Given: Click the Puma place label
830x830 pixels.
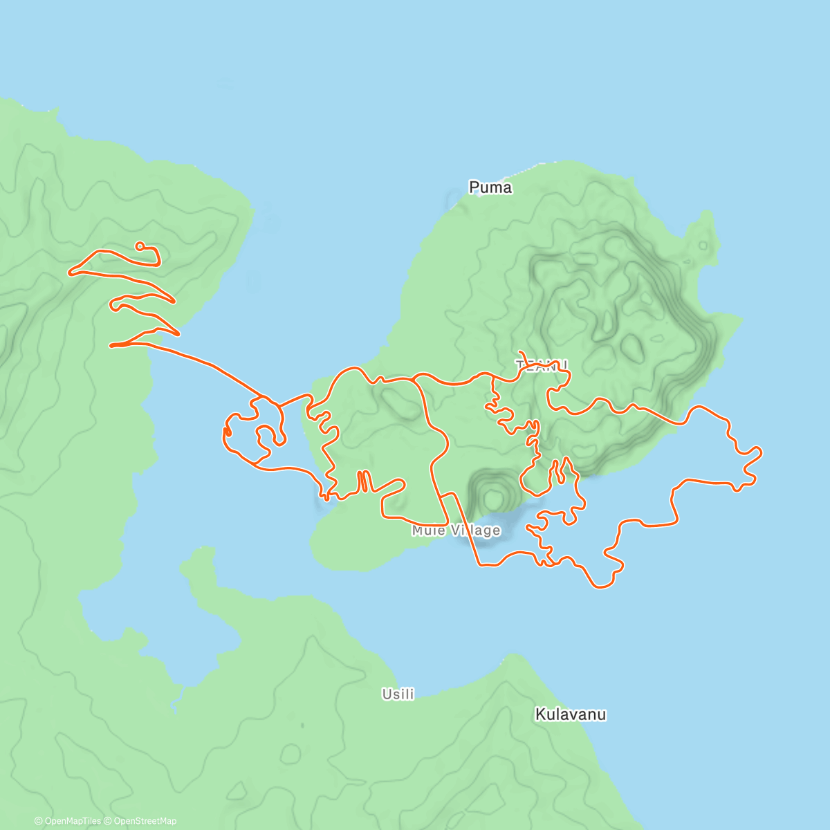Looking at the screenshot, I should pos(490,187).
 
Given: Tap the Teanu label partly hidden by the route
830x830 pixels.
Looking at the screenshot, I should pos(542,365).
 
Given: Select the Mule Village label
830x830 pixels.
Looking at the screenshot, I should pos(456,531).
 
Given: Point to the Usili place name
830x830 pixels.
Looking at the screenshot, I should pos(398,694).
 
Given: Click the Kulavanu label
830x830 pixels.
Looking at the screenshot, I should pos(571,714).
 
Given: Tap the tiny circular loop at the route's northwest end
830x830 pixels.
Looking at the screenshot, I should pos(140,246).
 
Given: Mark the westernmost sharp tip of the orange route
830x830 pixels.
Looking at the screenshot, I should pos(69,273).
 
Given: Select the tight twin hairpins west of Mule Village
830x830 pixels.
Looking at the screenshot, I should pos(362,481).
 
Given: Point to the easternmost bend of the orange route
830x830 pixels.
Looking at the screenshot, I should pos(761,452).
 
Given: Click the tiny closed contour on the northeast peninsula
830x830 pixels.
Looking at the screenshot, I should pos(703,246).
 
